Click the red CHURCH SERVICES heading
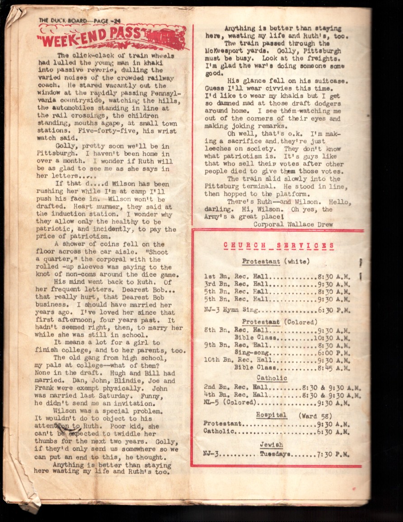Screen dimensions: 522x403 tap(279, 246)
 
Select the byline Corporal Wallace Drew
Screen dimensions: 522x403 tap(293, 224)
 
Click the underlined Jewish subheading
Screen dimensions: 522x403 tap(272, 445)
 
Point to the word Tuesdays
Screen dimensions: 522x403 tap(276, 454)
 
